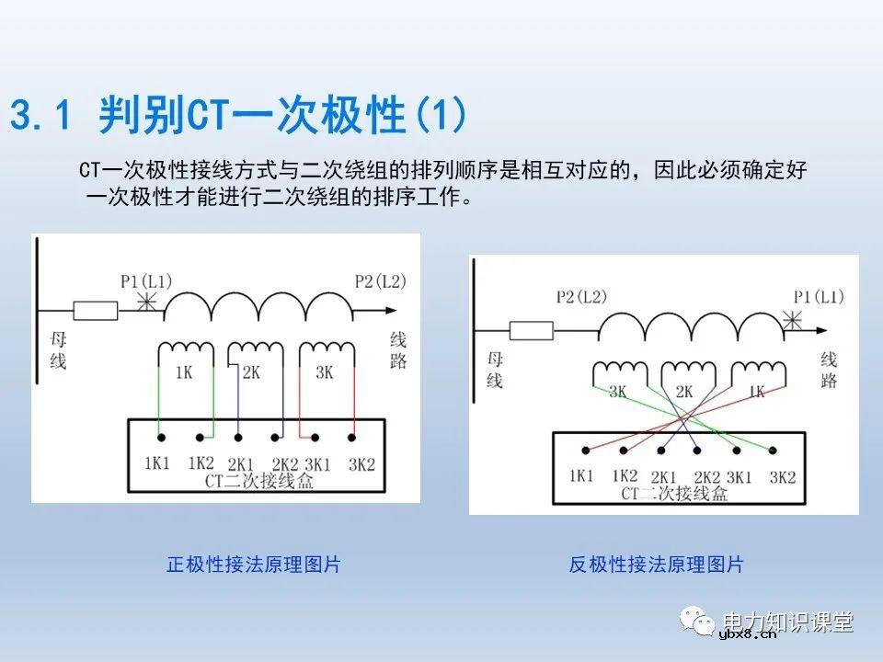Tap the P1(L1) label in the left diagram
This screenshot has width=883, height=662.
pyautogui.click(x=145, y=280)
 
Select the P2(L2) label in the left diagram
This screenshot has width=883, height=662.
pyautogui.click(x=380, y=280)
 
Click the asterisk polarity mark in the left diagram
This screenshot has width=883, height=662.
pyautogui.click(x=143, y=302)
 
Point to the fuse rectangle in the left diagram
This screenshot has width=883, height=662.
pyautogui.click(x=96, y=311)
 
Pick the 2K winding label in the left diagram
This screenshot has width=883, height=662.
pyautogui.click(x=251, y=373)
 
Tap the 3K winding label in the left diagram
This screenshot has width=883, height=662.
pyautogui.click(x=324, y=373)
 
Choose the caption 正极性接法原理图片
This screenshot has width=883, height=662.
pyautogui.click(x=253, y=565)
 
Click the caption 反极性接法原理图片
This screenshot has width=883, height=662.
pyautogui.click(x=656, y=565)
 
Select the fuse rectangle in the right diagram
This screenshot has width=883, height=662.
pyautogui.click(x=533, y=330)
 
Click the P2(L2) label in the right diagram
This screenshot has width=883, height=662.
pyautogui.click(x=581, y=296)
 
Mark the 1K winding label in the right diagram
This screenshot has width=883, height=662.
pyautogui.click(x=757, y=392)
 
